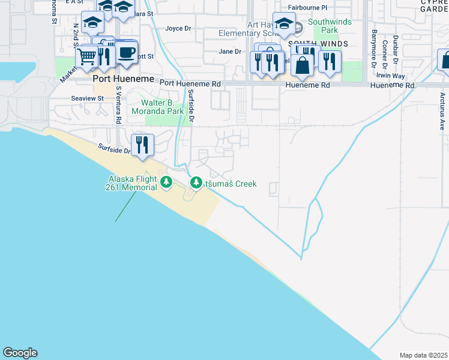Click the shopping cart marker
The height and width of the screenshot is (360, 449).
click(88, 58)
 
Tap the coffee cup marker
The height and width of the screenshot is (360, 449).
click(126, 52)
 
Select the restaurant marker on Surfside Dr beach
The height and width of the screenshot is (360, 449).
click(142, 145)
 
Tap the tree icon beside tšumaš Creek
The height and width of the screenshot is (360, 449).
click(196, 182)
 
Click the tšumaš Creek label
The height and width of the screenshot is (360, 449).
click(232, 184)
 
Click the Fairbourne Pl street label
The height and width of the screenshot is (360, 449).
click(307, 8)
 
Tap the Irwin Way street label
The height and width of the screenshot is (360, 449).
click(390, 76)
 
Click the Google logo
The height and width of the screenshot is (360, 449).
click(20, 353)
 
